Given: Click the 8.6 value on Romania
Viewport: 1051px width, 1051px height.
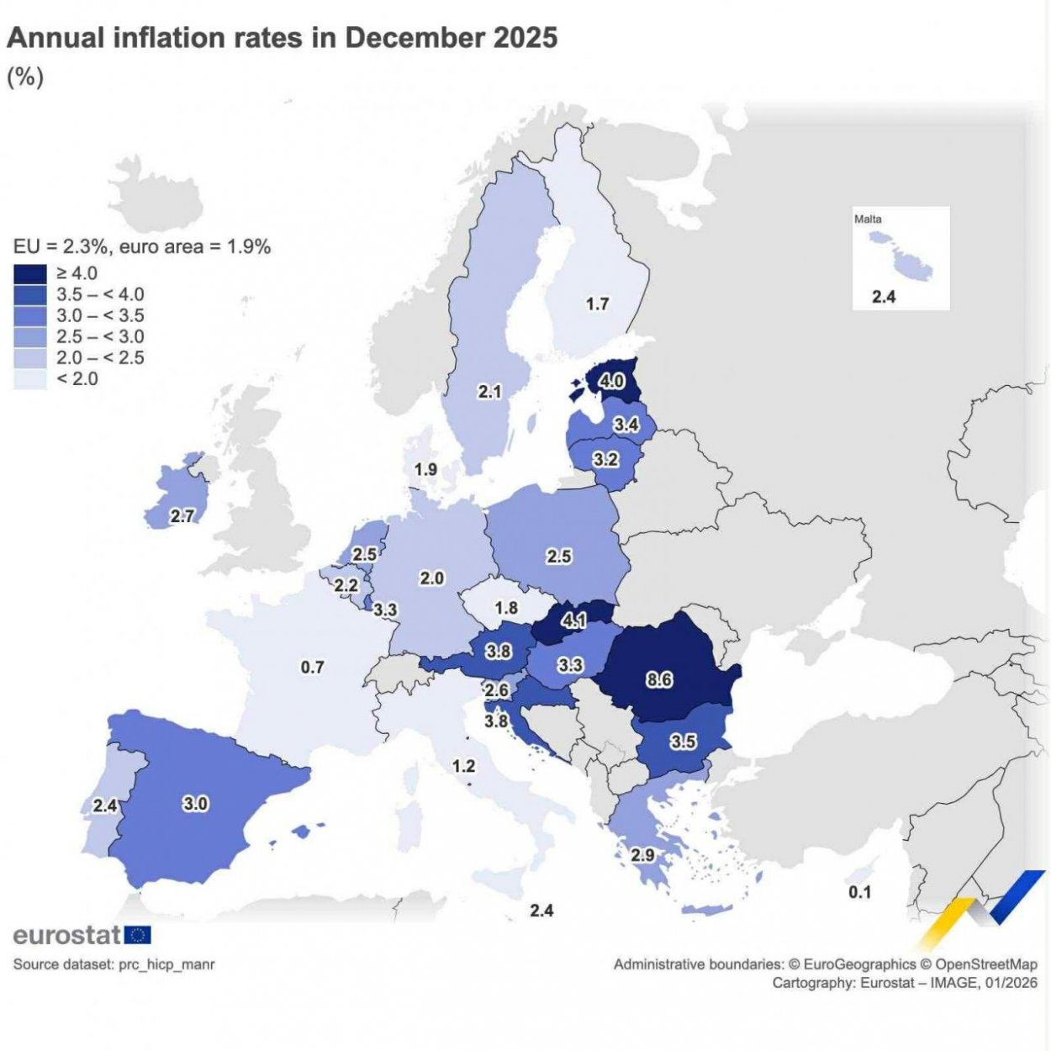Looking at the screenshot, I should [659, 679].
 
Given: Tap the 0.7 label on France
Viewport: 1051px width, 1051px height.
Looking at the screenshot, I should [312, 667].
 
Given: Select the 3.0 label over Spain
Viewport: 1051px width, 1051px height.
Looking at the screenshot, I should [195, 803].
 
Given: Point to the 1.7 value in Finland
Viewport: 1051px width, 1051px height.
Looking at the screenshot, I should [597, 304].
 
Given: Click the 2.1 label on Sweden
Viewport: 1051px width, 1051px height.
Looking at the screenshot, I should [489, 391].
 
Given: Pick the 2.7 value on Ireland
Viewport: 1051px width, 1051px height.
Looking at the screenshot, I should [182, 515].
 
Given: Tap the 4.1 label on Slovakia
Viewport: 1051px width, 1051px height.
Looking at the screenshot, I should [573, 621].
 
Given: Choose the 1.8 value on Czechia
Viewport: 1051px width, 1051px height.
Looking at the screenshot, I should [506, 607].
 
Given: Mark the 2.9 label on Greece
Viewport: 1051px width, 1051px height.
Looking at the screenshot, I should [642, 855].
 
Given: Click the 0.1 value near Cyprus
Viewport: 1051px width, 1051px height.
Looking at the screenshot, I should [859, 892].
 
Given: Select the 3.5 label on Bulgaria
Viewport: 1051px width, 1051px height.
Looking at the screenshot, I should [683, 741].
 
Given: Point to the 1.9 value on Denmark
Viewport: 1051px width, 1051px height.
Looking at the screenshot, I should [425, 469].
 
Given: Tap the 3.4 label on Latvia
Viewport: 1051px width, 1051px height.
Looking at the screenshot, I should [626, 424].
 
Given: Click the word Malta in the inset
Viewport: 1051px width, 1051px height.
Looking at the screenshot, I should [868, 219].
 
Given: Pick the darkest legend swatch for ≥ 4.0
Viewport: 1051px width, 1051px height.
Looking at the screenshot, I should [30, 273].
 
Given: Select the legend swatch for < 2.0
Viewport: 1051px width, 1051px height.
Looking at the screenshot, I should [30, 379].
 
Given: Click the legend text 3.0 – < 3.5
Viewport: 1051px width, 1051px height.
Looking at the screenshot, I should [100, 315].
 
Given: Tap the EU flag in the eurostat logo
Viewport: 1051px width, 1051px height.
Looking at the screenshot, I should [138, 935].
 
